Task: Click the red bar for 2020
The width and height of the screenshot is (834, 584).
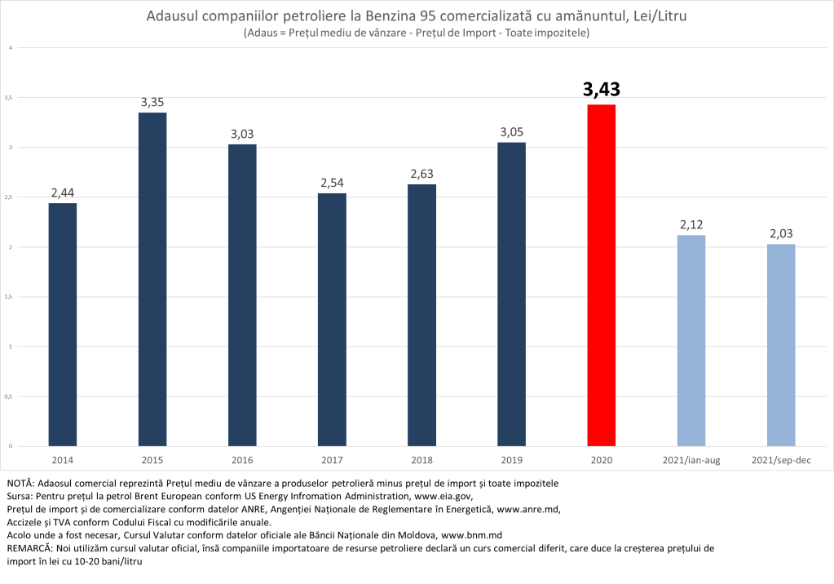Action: coord(601,275)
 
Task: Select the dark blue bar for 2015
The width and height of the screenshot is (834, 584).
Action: coord(152,279)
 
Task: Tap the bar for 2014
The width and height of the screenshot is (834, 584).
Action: coord(63,324)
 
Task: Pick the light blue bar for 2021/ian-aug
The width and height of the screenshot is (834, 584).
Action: coord(691,340)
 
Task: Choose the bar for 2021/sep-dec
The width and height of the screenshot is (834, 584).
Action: coord(781,344)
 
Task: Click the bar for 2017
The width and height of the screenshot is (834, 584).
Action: coord(332,319)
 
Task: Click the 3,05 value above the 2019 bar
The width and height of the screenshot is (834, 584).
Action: coord(511,132)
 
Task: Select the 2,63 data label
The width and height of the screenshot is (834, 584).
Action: coord(421,174)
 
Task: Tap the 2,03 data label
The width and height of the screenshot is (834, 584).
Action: coord(781,233)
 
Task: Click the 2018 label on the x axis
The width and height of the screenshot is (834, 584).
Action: coord(421,460)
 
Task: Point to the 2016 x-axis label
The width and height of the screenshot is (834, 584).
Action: coord(242,460)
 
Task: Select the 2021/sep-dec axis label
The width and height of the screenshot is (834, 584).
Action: coord(781,460)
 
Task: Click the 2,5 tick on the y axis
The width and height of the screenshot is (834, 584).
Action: coord(10,197)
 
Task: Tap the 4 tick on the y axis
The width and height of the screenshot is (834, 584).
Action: coord(10,47)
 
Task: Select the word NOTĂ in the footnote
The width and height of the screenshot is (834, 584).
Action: coord(20,484)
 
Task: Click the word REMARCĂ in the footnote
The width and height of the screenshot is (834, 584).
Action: coord(28,548)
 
